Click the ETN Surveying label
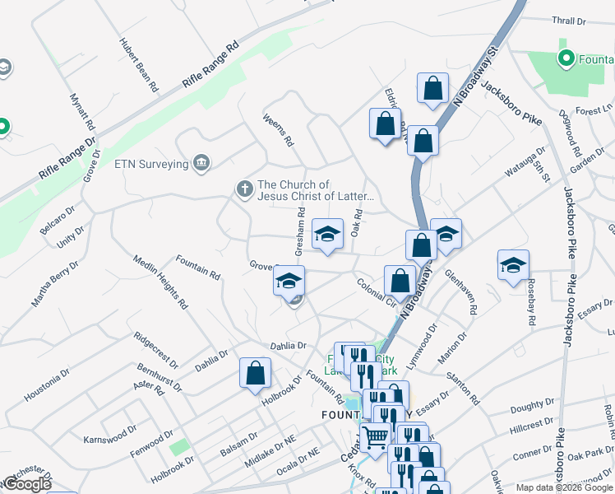click(152, 164)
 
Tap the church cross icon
click(244, 189)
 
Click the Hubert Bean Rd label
click(137, 65)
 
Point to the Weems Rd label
click(278, 130)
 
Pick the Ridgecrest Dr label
click(155, 350)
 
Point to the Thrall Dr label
click(568, 21)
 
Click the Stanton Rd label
click(463, 388)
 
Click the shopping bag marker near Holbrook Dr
click(255, 372)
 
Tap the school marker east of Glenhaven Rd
click(513, 265)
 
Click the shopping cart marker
click(375, 436)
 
